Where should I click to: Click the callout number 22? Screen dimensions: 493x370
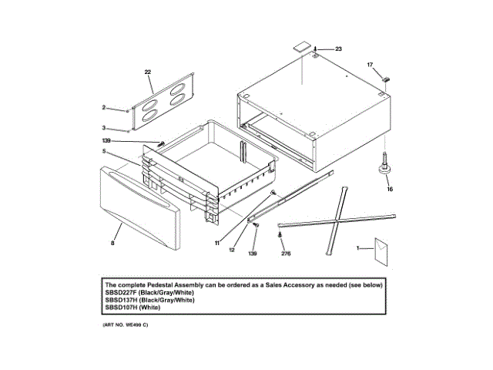click(x=147, y=72)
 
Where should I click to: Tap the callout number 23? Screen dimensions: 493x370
click(x=337, y=49)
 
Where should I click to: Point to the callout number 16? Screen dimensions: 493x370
click(x=389, y=188)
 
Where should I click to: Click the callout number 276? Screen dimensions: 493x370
click(x=286, y=253)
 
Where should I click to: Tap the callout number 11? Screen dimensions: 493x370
click(x=218, y=243)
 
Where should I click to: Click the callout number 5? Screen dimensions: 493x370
click(x=102, y=151)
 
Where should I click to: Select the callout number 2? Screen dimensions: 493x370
click(x=104, y=108)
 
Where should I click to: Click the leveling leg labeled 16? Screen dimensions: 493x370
click(x=383, y=166)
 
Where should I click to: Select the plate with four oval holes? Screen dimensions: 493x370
click(x=163, y=100)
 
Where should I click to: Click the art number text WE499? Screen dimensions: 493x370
click(x=131, y=325)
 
